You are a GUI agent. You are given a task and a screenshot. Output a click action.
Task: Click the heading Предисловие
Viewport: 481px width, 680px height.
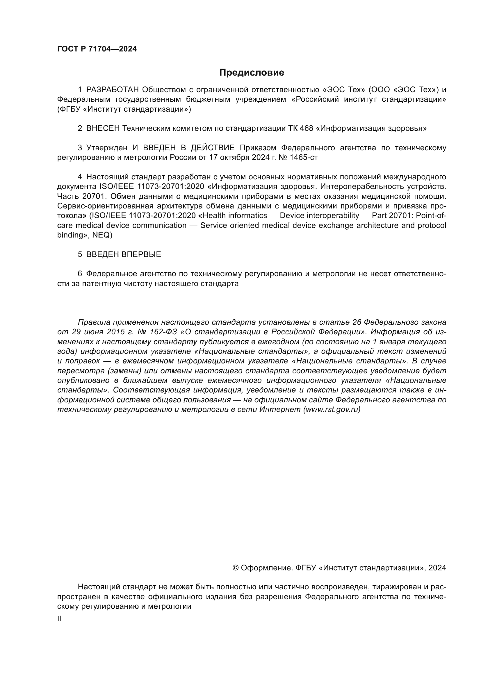(252, 73)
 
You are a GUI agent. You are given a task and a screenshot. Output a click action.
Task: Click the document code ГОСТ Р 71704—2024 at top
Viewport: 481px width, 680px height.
(97, 49)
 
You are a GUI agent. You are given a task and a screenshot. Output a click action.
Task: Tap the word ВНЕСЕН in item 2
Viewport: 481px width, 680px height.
(103, 128)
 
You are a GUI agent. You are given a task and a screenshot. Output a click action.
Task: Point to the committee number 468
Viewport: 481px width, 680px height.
(306, 128)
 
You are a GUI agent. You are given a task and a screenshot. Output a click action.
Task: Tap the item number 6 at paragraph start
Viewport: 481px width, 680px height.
(80, 274)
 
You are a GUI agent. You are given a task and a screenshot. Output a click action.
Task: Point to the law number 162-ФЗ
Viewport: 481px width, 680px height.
(163, 332)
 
